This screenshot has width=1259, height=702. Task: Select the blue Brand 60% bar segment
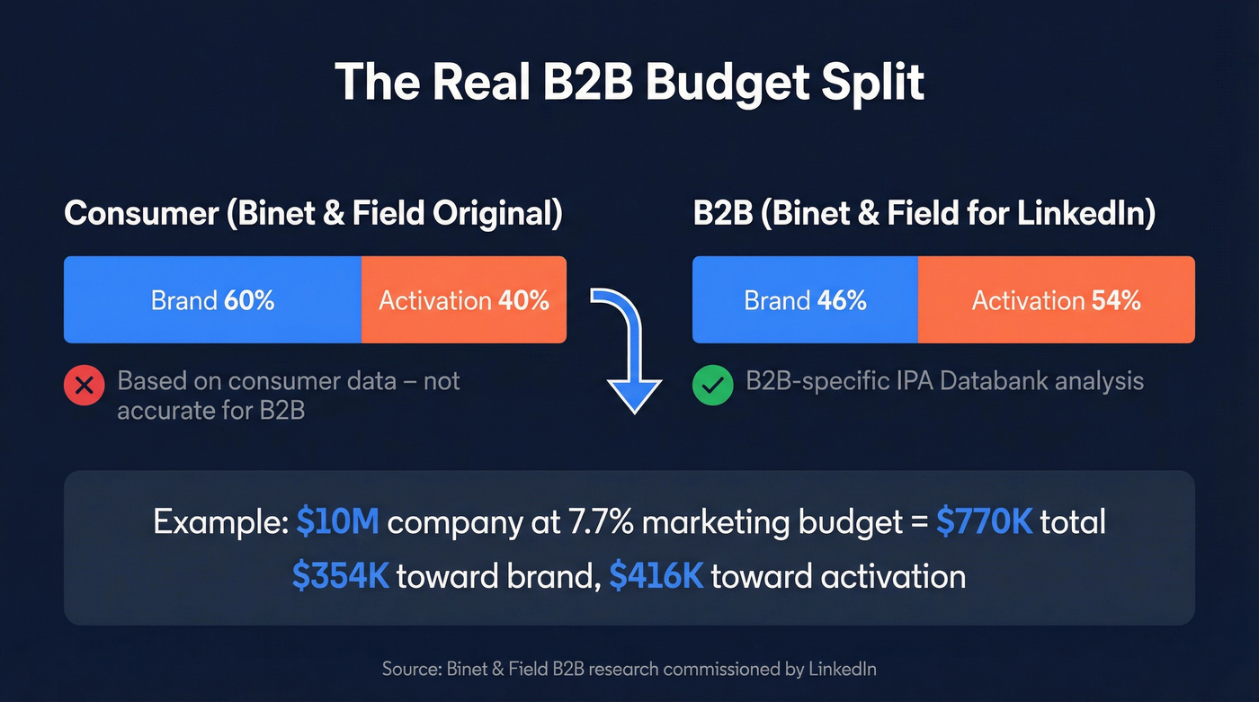tap(212, 300)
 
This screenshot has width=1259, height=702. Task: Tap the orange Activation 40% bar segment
tap(464, 300)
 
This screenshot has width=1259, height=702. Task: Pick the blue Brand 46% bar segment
tap(805, 300)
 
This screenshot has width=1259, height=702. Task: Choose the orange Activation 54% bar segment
tap(1056, 300)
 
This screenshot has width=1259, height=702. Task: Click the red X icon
tap(84, 387)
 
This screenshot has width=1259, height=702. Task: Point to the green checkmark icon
tap(712, 387)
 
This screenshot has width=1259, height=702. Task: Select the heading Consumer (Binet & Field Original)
tap(313, 215)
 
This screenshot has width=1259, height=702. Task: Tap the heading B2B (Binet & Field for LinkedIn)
tap(924, 215)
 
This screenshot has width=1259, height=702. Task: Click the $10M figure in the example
tap(337, 522)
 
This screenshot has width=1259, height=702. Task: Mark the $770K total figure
tap(984, 522)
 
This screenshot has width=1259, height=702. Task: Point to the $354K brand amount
tap(340, 576)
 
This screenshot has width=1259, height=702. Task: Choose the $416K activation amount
tap(656, 576)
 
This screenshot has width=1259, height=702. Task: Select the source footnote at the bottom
tap(629, 669)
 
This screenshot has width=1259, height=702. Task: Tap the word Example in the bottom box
tap(219, 522)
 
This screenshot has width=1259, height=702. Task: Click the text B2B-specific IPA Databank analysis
tap(944, 380)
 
